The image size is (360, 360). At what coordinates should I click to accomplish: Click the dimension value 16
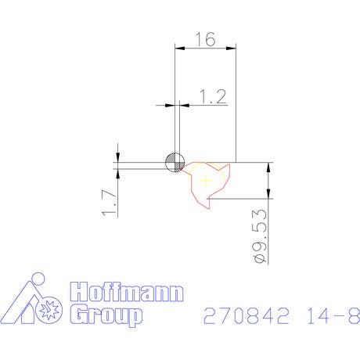206,39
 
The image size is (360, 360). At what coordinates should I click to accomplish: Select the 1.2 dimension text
213,97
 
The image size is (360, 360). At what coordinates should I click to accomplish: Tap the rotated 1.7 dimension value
109,203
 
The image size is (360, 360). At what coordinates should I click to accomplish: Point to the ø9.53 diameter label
261,236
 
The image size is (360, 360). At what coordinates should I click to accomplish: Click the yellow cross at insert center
206,181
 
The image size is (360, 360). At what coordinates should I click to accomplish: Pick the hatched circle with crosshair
175,163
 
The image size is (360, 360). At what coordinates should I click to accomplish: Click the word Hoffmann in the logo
127,292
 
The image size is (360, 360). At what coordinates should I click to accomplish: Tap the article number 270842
247,315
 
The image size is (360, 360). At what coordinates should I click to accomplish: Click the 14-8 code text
333,315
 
